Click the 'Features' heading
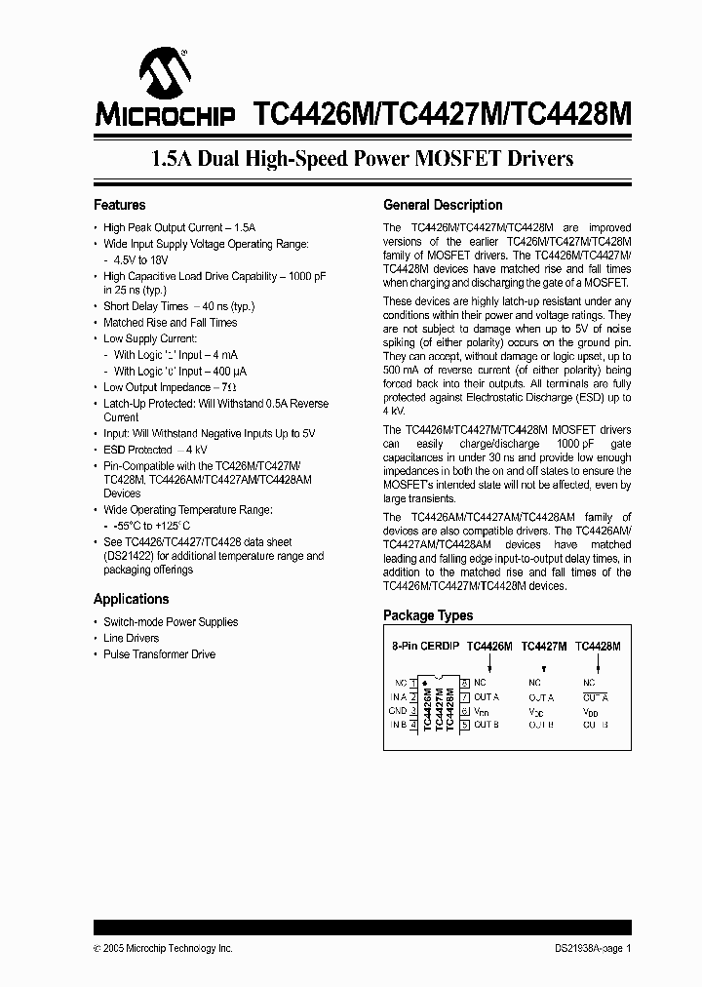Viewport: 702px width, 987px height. tap(119, 205)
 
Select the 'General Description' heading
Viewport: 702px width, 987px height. tap(443, 205)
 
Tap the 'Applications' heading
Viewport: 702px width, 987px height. tap(131, 599)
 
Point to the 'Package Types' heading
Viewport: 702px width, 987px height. tap(427, 615)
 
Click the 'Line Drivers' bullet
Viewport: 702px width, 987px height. tap(131, 638)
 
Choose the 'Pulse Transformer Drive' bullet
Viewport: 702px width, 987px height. tap(159, 654)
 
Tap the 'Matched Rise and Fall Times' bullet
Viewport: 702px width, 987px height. tap(170, 322)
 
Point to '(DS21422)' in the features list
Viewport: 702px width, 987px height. tap(129, 556)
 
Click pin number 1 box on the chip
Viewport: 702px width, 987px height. tap(413, 683)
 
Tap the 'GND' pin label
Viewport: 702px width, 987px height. tap(398, 711)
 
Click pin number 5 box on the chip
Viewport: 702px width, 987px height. tap(465, 725)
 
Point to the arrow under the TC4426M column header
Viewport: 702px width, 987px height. tap(488, 663)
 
